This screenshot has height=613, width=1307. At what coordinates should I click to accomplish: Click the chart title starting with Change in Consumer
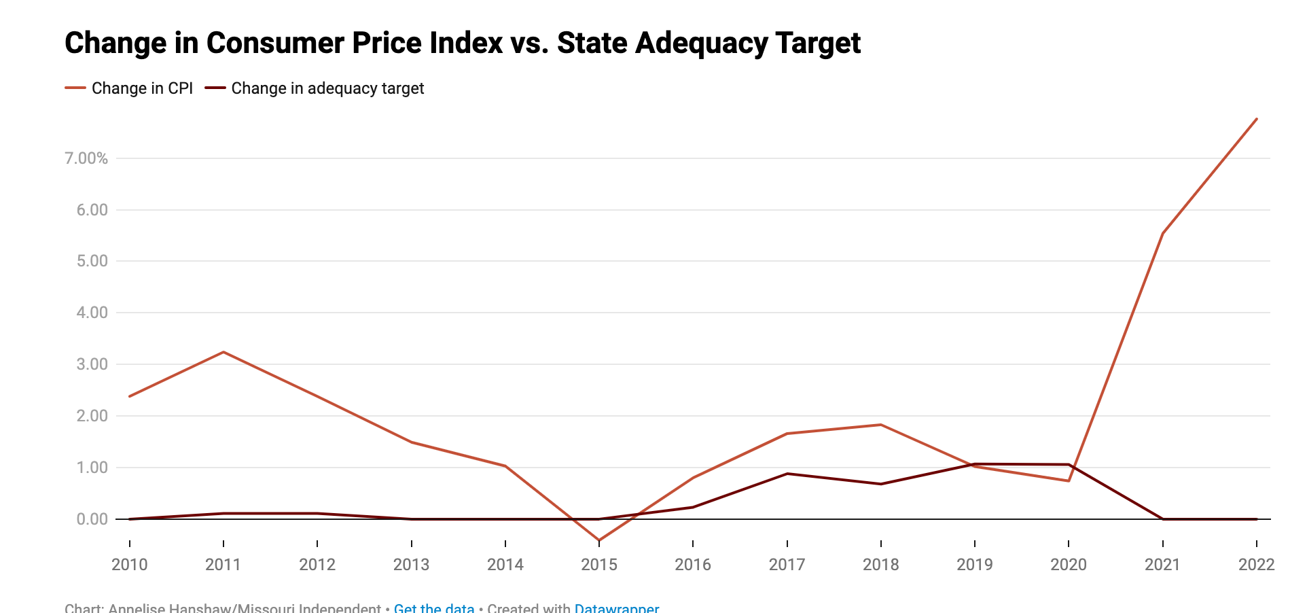coord(462,43)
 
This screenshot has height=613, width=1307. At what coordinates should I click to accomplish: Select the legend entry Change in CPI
coord(142,88)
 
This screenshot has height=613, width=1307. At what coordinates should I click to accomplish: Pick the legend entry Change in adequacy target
coord(327,88)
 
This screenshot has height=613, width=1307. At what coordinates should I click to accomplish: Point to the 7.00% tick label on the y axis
coord(86,158)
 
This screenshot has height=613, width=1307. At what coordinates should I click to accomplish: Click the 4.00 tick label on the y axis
coord(92,313)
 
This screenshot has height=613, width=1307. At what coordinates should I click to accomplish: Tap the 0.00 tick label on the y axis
coord(92,519)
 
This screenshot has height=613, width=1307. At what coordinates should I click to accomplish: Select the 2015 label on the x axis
coord(599,565)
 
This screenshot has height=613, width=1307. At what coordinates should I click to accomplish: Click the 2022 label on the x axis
coord(1256,565)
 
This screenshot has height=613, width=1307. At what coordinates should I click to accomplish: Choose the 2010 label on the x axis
coord(130,565)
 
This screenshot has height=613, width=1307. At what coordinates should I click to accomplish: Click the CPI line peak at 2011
coord(223,352)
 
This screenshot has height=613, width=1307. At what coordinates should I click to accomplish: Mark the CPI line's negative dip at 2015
coord(599,540)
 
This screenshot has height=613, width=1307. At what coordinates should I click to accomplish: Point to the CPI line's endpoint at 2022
coord(1257,119)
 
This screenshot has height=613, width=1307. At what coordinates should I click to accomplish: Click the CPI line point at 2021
coord(1163,234)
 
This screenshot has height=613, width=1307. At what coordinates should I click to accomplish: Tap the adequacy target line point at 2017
coord(787,474)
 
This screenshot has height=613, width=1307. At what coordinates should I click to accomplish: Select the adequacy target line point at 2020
coord(1069,465)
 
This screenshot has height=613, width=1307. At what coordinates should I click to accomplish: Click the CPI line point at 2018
coord(881,425)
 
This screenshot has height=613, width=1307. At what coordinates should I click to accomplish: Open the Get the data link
coord(434,608)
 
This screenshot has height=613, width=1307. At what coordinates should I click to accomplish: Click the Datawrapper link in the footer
coord(616,608)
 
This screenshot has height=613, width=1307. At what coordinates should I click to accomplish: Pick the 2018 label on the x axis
coord(880,565)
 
